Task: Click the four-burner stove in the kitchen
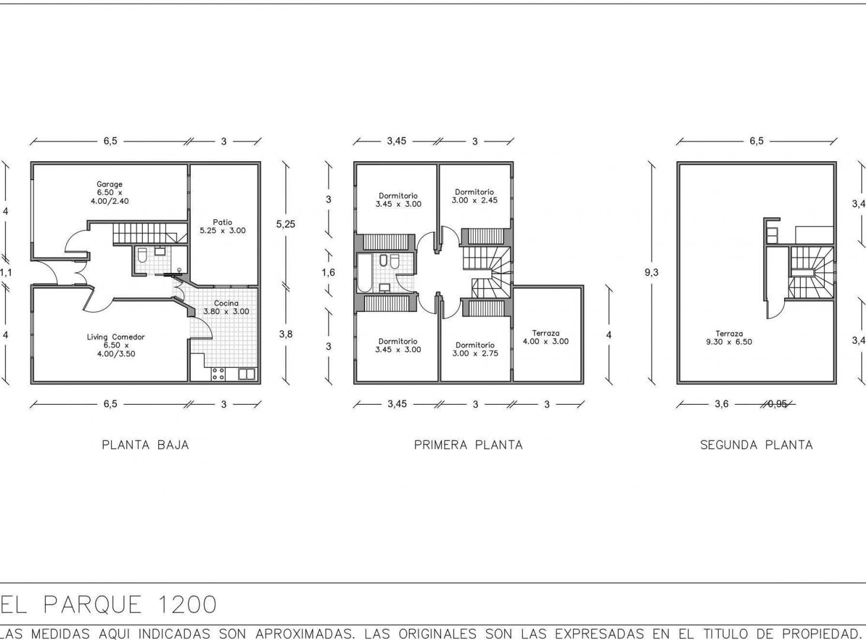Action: (218, 374)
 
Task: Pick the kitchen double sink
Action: (247, 374)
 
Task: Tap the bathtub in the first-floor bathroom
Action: (365, 273)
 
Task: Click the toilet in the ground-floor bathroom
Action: (142, 255)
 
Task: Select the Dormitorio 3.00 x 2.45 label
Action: (474, 196)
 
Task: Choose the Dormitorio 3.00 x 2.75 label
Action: (475, 349)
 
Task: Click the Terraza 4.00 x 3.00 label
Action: (545, 337)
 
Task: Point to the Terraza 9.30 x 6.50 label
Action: (729, 338)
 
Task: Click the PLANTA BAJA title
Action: (145, 445)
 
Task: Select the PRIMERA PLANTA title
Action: (468, 445)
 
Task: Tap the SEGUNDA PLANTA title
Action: (756, 445)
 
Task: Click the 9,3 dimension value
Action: (651, 272)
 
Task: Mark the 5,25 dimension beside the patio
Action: (286, 224)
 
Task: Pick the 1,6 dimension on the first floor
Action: (328, 272)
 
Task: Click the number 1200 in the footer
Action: (187, 605)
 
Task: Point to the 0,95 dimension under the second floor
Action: (777, 404)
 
